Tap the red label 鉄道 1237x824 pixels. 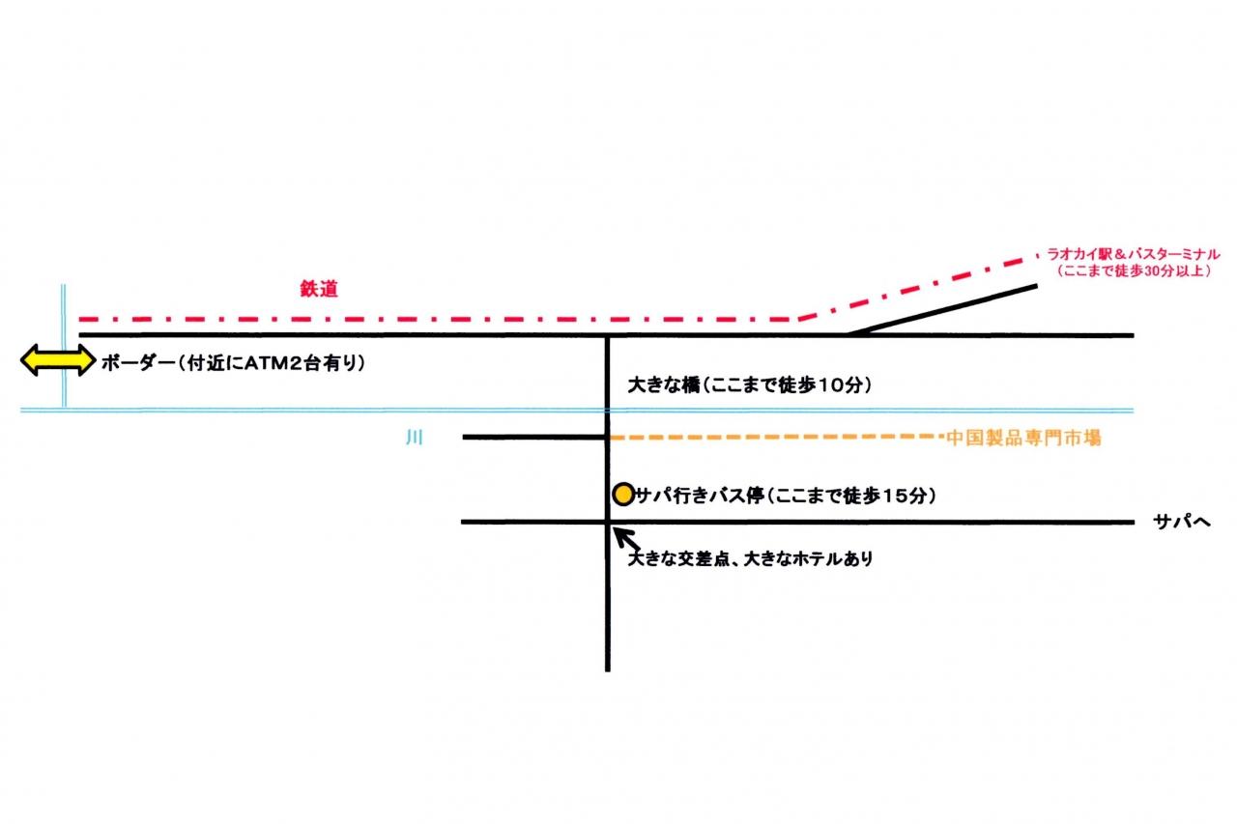(319, 288)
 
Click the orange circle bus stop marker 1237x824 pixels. (623, 495)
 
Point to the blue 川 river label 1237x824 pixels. (415, 438)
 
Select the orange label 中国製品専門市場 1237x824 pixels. (1024, 438)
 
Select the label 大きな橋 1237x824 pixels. (662, 385)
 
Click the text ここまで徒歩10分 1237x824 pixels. (789, 385)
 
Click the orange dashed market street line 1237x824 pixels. (773, 438)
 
